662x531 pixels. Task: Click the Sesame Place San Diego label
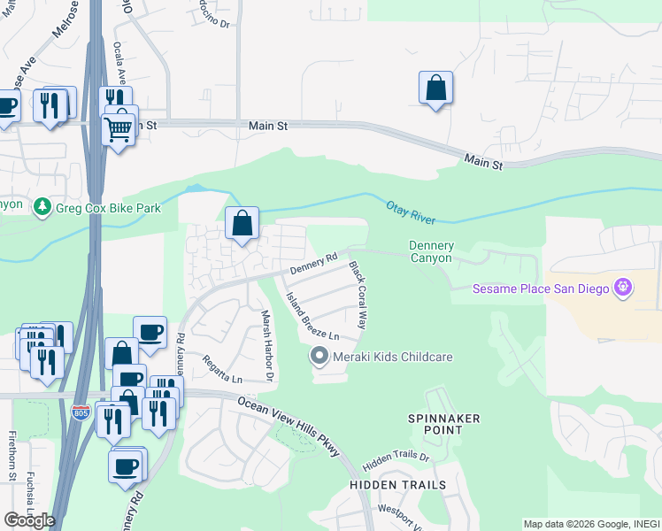tap(543, 289)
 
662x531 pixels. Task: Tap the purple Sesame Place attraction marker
tap(623, 288)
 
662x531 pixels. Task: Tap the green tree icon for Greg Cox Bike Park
tap(41, 207)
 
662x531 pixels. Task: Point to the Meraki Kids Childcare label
tap(392, 357)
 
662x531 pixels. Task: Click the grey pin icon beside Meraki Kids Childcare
tap(319, 357)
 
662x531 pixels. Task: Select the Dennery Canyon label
tap(431, 251)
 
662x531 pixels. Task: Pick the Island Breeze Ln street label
tap(312, 317)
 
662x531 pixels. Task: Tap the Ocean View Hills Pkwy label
tap(288, 426)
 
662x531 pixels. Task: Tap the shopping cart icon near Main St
tap(118, 129)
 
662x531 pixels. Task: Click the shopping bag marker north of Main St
tap(435, 88)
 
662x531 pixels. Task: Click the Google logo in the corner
tap(29, 520)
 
